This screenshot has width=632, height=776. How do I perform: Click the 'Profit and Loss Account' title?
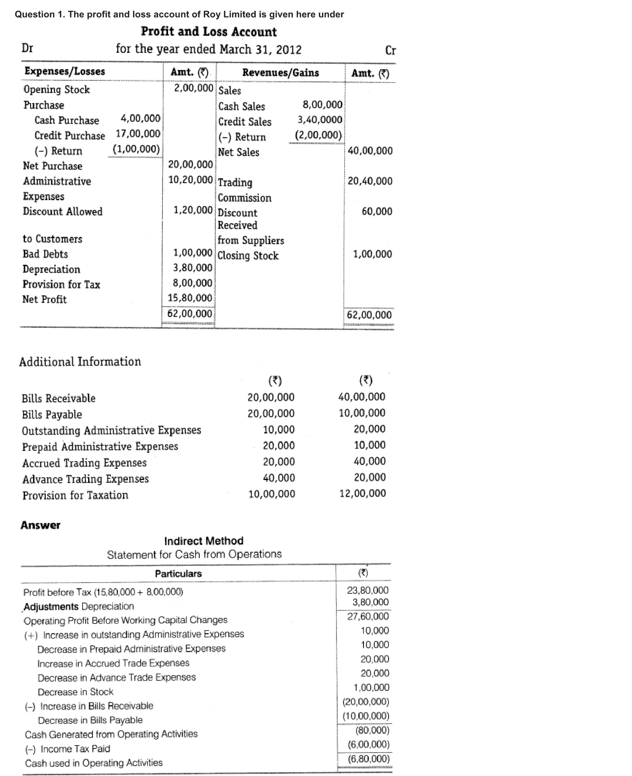pos(209,32)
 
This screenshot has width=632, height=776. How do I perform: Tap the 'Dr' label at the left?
pos(28,48)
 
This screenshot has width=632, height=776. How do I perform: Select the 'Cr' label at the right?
pos(391,50)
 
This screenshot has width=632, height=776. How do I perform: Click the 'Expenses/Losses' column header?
pos(65,71)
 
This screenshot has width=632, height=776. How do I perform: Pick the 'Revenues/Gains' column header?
pos(280,73)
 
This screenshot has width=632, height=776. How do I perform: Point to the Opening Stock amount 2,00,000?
pos(194,88)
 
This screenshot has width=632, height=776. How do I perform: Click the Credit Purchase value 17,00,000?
pos(138,134)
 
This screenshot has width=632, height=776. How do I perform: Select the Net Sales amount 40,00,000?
pos(370,151)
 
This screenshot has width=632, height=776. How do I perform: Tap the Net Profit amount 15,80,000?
pos(190,298)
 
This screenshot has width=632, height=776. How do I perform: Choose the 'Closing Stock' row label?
pos(248,256)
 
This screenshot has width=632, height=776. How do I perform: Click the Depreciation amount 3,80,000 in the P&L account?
pos(193,268)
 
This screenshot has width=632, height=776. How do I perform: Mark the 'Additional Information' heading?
pos(80,362)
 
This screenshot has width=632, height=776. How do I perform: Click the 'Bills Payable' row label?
pos(52,414)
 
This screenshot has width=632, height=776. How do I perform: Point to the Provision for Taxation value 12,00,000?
pos(362,493)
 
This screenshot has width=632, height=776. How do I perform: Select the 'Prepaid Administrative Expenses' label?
pos(100,446)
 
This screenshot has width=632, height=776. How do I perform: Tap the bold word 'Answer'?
pos(41,525)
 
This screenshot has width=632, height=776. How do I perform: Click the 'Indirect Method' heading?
pos(204,541)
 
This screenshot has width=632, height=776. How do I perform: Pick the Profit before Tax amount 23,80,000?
pos(368,590)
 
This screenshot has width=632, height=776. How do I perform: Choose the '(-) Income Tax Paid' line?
pos(67,748)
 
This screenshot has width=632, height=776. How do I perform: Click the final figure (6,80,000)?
pos(368,759)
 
